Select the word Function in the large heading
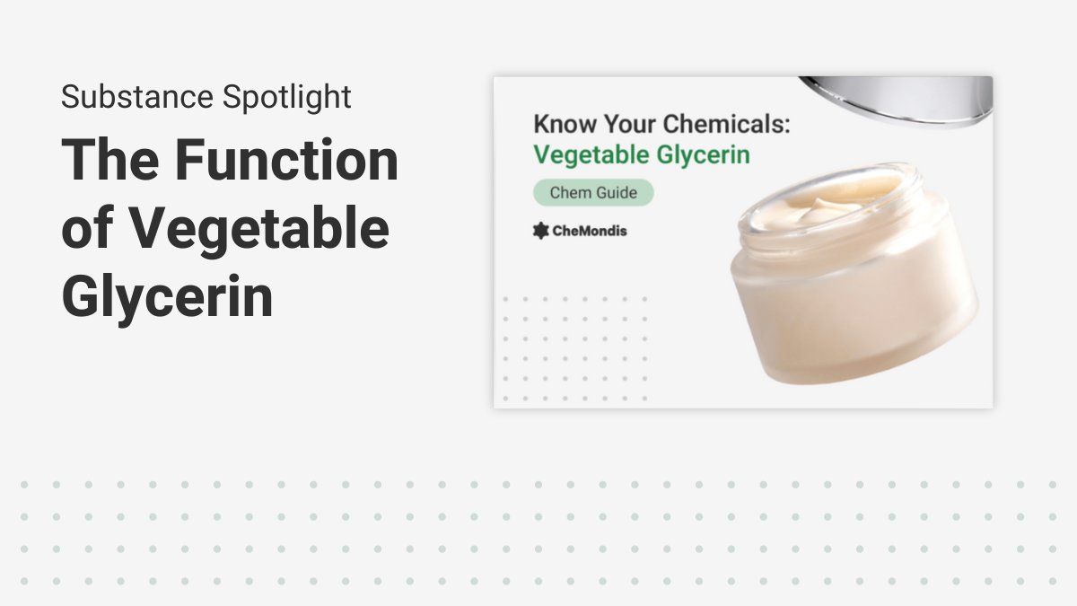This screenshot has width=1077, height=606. (x=286, y=161)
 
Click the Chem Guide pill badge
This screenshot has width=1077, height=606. (x=593, y=192)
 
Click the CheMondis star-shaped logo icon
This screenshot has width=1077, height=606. (x=540, y=231)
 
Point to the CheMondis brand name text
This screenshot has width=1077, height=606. (x=590, y=231)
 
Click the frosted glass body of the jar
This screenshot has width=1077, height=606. (x=853, y=305)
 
